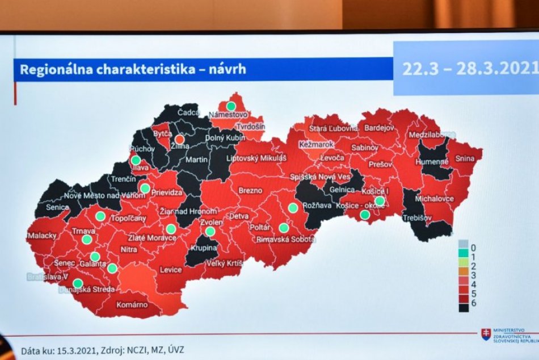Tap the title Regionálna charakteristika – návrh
click(133, 69)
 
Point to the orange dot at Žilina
click(179, 139)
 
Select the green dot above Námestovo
click(231, 106)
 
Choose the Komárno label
click(132, 305)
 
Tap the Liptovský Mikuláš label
click(256, 158)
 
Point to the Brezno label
click(250, 191)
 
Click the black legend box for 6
click(464, 307)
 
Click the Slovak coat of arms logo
click(486, 334)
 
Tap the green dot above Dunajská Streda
click(78, 283)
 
